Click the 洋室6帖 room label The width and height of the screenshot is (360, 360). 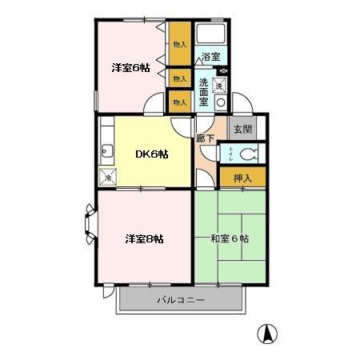pos(130,68)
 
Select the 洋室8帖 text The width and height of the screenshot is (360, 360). pos(143,238)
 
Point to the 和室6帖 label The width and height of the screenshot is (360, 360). pos(229,238)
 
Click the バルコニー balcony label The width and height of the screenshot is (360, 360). pos(180,301)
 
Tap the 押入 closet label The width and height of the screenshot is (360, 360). pos(242,178)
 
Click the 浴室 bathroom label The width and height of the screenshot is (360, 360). pos(210,58)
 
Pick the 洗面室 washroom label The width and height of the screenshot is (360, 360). pos(205,92)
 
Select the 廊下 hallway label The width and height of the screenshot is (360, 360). pos(205,138)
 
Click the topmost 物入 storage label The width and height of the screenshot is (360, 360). pos(179,45)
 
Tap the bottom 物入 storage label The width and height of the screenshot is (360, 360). pos(179,102)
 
